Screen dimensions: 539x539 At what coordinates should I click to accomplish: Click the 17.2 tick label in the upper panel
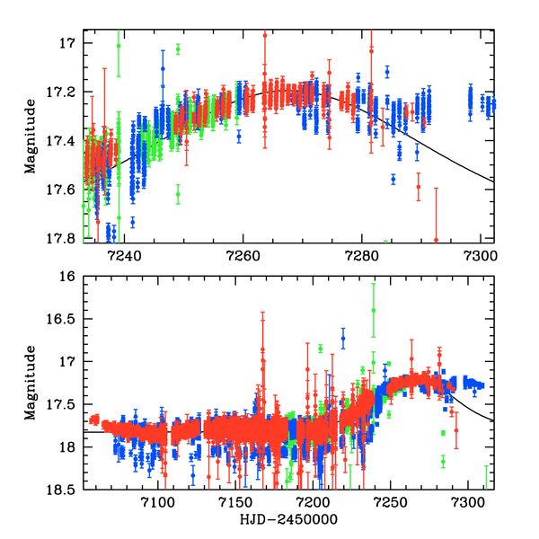(x=66, y=92)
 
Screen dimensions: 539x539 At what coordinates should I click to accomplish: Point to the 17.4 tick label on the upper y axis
(x=66, y=140)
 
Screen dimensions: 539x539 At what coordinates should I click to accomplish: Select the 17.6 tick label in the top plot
(x=66, y=189)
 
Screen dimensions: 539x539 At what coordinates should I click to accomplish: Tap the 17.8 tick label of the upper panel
(x=66, y=237)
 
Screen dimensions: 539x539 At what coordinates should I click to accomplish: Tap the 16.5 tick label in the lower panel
(x=66, y=320)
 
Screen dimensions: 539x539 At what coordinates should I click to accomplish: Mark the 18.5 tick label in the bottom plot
(x=66, y=489)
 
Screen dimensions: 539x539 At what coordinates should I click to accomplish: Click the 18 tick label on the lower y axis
(x=72, y=446)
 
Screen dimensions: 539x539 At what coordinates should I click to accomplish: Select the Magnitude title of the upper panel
(x=31, y=140)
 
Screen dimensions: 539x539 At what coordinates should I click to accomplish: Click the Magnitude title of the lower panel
(x=31, y=383)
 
